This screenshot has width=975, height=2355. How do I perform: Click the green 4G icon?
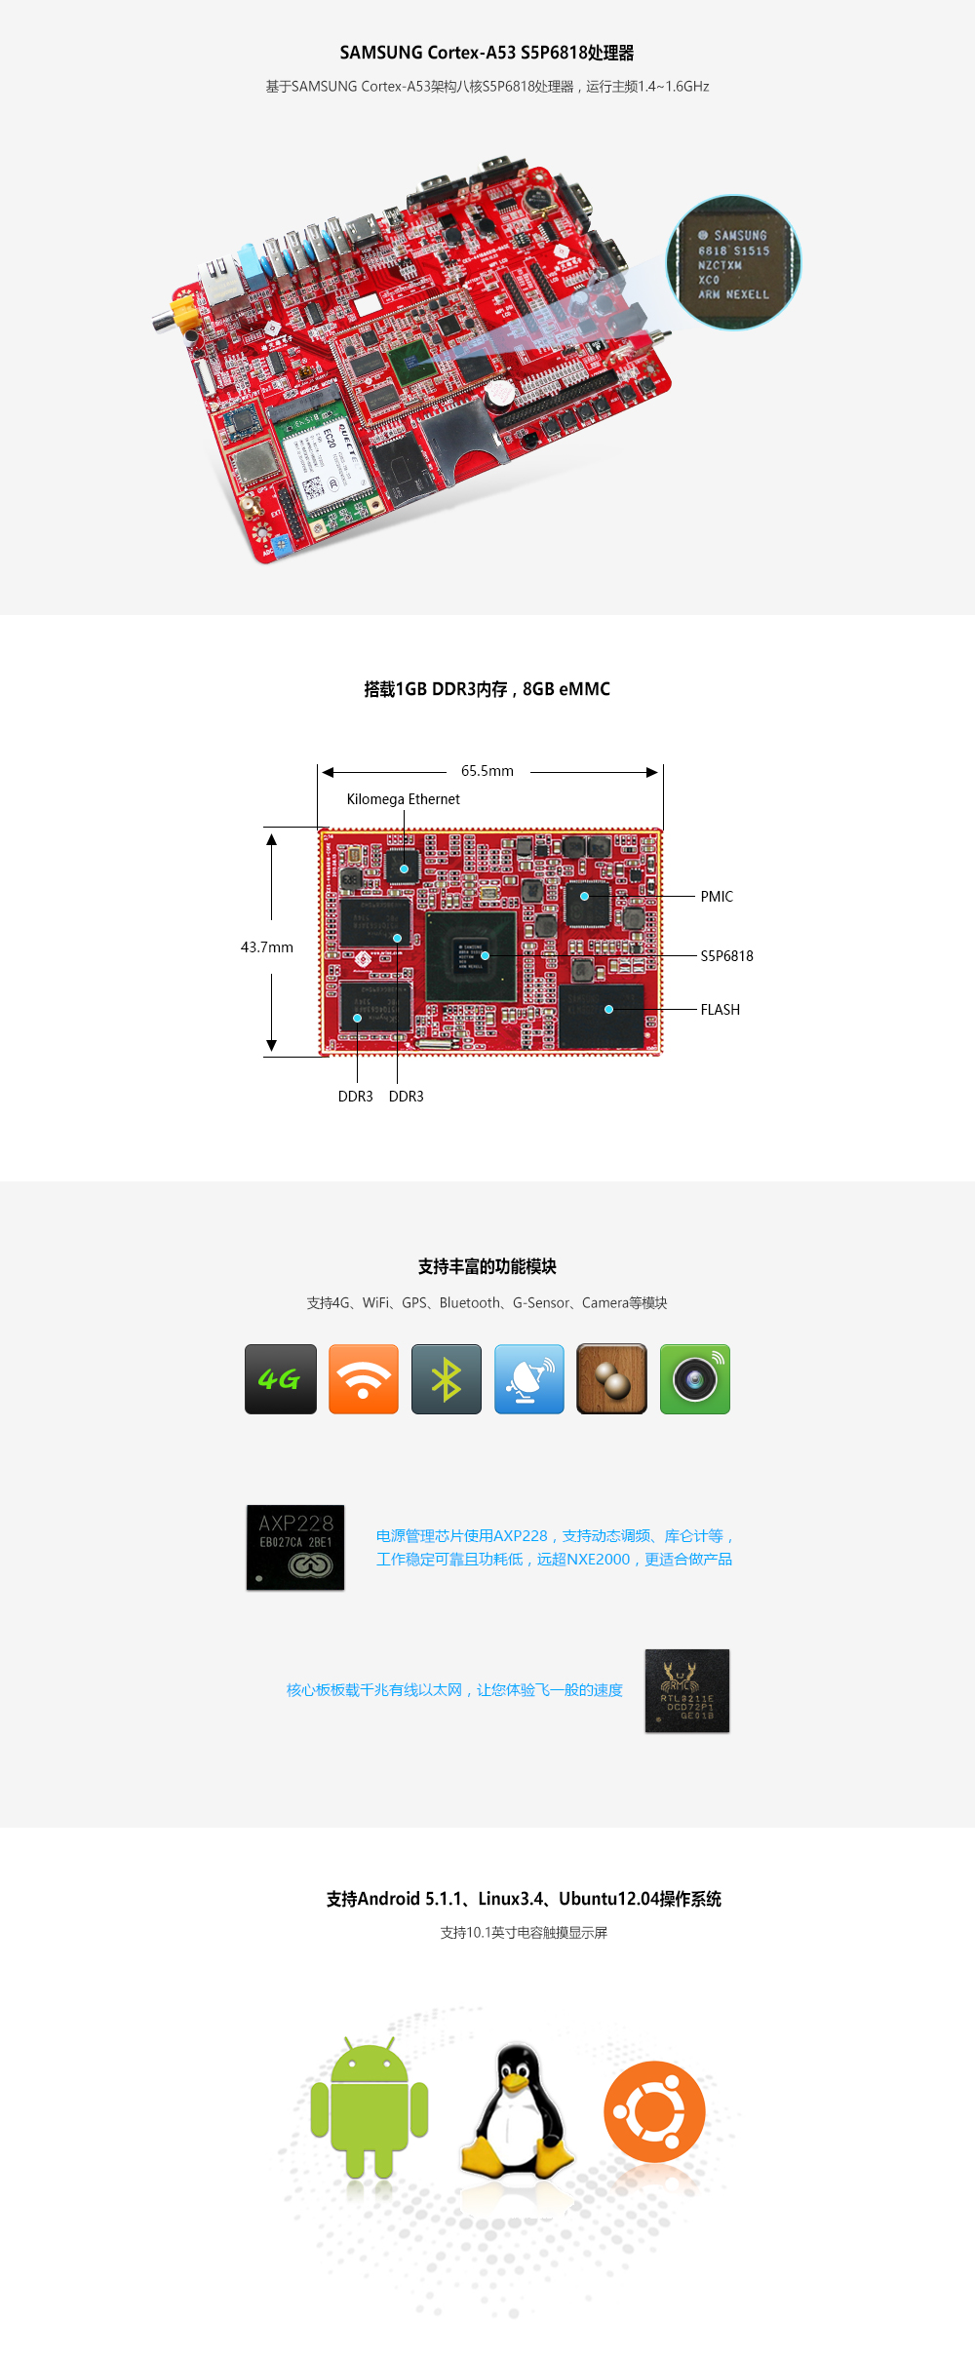[281, 1379]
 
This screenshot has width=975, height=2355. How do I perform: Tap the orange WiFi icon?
[364, 1379]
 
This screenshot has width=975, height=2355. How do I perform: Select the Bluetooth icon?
[447, 1379]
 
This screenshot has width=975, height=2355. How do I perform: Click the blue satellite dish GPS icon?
[529, 1379]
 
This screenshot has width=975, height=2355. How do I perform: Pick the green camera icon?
[695, 1379]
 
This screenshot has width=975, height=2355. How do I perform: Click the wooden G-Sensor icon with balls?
[612, 1379]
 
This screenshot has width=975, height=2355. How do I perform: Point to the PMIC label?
[717, 897]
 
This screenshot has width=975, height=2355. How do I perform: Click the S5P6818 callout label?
[726, 956]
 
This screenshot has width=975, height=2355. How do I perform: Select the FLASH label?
[720, 1010]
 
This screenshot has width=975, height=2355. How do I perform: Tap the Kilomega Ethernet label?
[403, 799]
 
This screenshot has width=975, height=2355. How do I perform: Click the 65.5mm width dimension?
[487, 771]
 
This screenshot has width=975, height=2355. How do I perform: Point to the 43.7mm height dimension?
[266, 947]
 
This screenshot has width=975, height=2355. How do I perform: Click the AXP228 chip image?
[295, 1547]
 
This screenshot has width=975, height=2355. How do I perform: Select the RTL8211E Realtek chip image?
[687, 1690]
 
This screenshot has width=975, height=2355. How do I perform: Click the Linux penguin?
[517, 2110]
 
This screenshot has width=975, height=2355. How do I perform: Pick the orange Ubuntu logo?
[654, 2110]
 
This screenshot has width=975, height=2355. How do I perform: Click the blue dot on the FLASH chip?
[608, 1010]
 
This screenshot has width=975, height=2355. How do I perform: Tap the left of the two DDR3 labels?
[355, 1097]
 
